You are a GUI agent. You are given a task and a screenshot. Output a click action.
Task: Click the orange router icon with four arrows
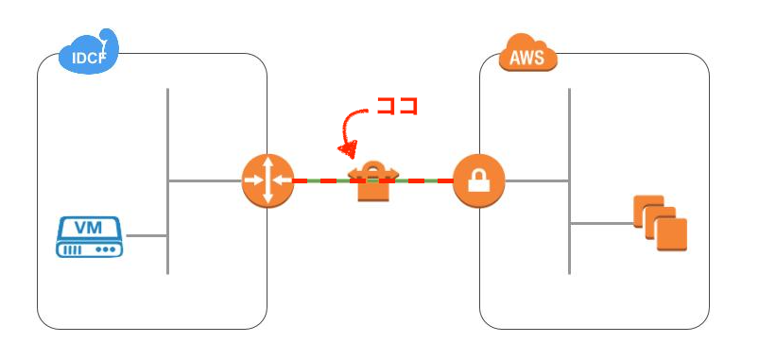[x=267, y=180]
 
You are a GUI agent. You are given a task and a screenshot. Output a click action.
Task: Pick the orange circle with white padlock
[x=478, y=180]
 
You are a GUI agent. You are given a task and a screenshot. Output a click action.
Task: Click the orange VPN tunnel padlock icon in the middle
[x=373, y=182]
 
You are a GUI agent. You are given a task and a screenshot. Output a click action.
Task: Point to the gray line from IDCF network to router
[x=204, y=180]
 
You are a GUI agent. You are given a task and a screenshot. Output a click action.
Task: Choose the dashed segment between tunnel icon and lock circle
[x=425, y=180]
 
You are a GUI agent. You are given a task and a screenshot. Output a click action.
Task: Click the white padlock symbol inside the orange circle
[x=478, y=180]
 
